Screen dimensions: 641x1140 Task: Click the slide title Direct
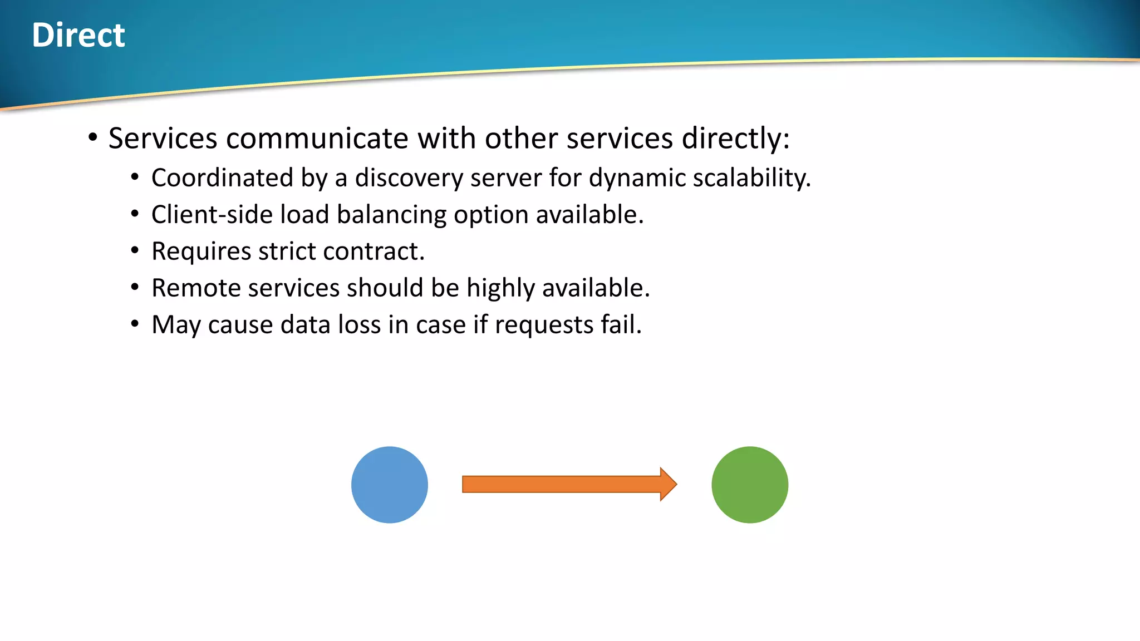coord(78,35)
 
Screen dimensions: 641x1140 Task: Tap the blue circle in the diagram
coord(390,485)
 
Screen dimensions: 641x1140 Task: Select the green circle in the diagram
coord(750,485)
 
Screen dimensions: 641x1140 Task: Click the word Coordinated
coord(222,178)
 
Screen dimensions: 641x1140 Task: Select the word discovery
coord(409,178)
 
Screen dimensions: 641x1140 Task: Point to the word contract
coord(374,252)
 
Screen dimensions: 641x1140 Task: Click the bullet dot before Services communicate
coord(93,137)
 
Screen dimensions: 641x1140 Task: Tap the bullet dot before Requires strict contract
coord(135,251)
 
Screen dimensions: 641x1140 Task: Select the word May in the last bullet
coord(176,325)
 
